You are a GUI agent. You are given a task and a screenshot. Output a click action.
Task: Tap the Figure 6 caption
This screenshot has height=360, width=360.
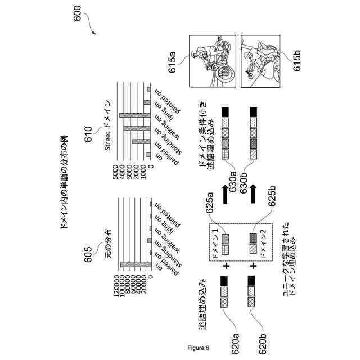199,347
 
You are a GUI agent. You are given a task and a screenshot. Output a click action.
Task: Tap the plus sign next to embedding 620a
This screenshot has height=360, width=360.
228,264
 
